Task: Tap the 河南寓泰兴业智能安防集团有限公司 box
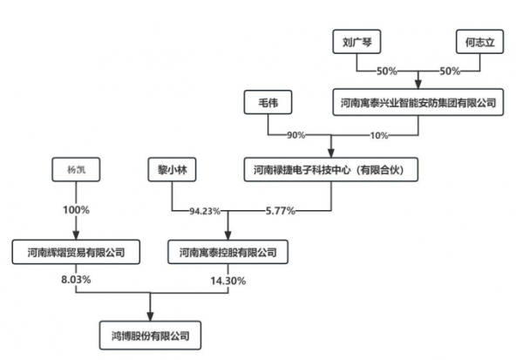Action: click(419, 103)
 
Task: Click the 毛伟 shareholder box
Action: click(267, 103)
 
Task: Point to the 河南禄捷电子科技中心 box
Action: click(330, 169)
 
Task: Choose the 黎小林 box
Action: click(168, 169)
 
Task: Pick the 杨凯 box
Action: click(76, 169)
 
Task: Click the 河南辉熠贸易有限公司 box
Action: click(76, 253)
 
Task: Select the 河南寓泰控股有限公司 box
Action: click(228, 253)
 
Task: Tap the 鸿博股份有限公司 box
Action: click(152, 334)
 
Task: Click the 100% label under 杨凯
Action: click(76, 211)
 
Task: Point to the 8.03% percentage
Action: click(76, 280)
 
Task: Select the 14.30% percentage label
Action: click(228, 280)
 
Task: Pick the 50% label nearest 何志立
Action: click(450, 70)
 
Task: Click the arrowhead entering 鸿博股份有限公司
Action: click(152, 316)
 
